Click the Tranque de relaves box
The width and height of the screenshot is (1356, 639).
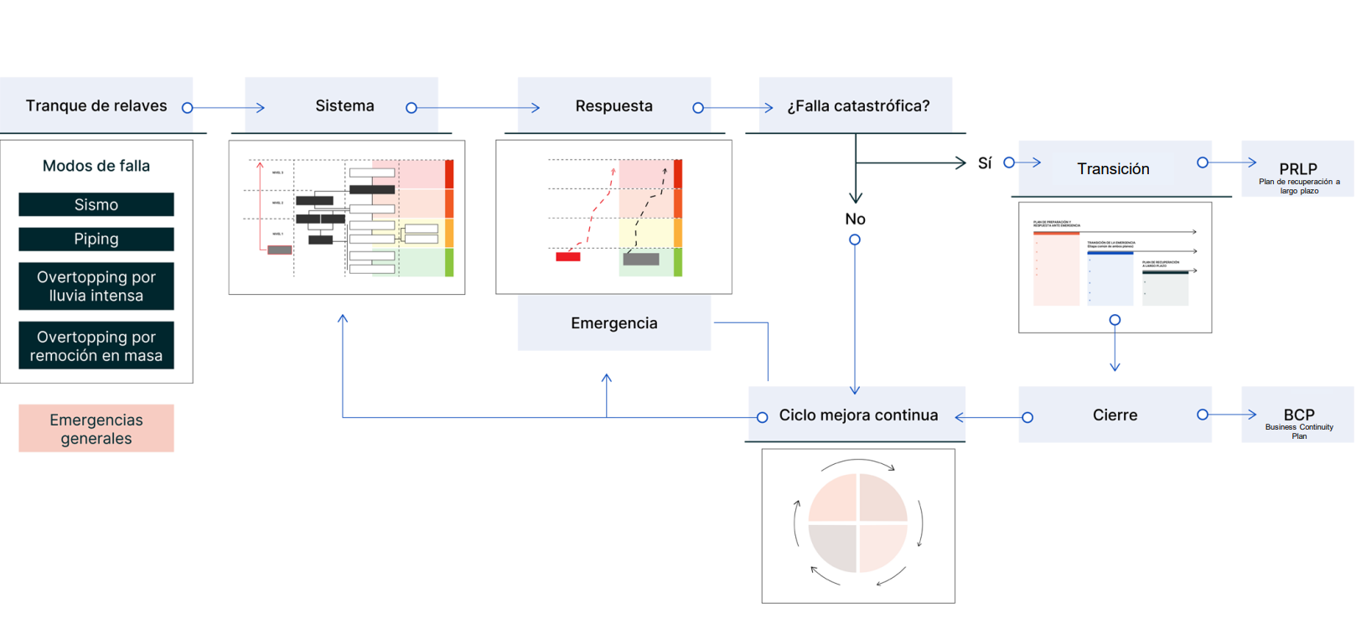click(x=96, y=106)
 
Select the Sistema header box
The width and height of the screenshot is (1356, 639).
click(x=344, y=106)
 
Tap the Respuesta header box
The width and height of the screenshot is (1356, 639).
click(x=613, y=106)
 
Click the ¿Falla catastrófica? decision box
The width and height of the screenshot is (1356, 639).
click(x=857, y=106)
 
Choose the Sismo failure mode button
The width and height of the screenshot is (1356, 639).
click(x=96, y=204)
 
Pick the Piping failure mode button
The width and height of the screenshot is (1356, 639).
click(x=96, y=239)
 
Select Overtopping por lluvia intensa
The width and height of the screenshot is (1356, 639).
click(x=96, y=286)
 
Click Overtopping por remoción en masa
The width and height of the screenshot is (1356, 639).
click(x=96, y=346)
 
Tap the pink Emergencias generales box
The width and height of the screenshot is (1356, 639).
click(x=96, y=429)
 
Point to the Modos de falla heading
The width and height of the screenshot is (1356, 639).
click(x=96, y=166)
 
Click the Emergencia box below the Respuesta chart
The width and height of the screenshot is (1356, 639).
click(x=613, y=323)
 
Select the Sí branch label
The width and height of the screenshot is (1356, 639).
click(x=985, y=163)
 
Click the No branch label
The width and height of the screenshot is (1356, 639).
click(x=855, y=219)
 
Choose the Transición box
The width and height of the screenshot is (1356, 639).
click(x=1114, y=169)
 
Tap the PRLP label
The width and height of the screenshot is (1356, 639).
click(x=1298, y=169)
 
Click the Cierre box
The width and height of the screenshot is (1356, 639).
click(x=1115, y=415)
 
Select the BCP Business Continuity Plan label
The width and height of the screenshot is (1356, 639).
click(x=1299, y=415)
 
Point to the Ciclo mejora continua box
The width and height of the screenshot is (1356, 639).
click(x=858, y=415)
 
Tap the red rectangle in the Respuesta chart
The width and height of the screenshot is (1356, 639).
click(x=568, y=256)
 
